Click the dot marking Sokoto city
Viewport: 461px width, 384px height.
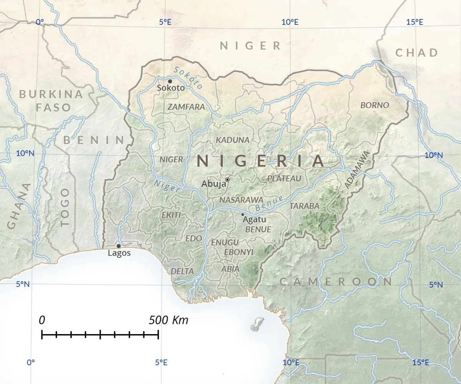pyautogui.click(x=170, y=81)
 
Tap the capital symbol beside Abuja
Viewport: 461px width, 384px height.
pyautogui.click(x=227, y=180)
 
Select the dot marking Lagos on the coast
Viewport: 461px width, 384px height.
pyautogui.click(x=118, y=246)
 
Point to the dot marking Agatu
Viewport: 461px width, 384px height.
pyautogui.click(x=242, y=214)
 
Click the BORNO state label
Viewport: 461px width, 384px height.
pyautogui.click(x=375, y=105)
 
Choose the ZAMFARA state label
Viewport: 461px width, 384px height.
pyautogui.click(x=186, y=107)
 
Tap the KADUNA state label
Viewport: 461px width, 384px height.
pyautogui.click(x=233, y=140)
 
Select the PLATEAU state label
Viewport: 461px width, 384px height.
pyautogui.click(x=284, y=178)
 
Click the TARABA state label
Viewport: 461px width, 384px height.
pyautogui.click(x=304, y=206)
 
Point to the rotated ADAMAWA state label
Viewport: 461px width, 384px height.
pyautogui.click(x=356, y=169)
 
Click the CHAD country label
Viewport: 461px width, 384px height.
pyautogui.click(x=417, y=53)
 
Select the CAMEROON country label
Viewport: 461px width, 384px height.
pyautogui.click(x=336, y=282)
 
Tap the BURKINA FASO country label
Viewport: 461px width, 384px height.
pyautogui.click(x=51, y=101)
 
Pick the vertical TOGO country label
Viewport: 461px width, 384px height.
pyautogui.click(x=65, y=207)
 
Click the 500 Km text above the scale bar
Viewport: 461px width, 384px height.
pyautogui.click(x=169, y=320)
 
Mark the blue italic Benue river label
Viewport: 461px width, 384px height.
pyautogui.click(x=269, y=204)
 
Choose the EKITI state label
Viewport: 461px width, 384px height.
pyautogui.click(x=171, y=215)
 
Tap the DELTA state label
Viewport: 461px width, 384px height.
pyautogui.click(x=182, y=271)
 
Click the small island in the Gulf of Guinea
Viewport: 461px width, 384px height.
pyautogui.click(x=257, y=324)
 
